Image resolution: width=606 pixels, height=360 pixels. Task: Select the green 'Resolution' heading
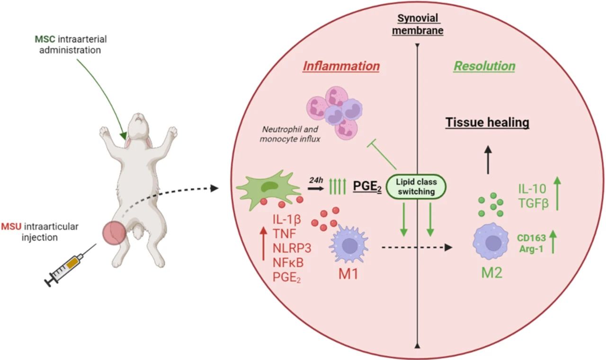pos(484,66)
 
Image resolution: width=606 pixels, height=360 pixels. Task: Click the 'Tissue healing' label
pos(487,123)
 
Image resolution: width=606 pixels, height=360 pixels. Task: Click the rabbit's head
pos(136,124)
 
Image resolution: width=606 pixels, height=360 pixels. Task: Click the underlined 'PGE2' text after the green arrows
pos(367,187)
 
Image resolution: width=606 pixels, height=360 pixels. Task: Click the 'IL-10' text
pos(528,189)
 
